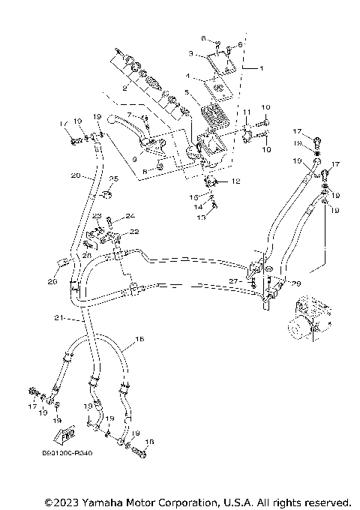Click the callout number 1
(261, 67)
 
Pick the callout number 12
(235, 181)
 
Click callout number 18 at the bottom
(148, 442)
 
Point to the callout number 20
(75, 175)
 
